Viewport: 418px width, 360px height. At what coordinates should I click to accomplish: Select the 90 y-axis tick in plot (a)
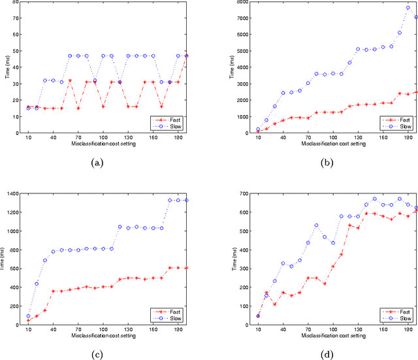tap(17, 3)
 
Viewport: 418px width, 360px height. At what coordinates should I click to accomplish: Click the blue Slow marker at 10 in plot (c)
tap(28, 316)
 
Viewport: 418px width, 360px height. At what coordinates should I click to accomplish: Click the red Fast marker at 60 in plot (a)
tap(70, 80)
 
